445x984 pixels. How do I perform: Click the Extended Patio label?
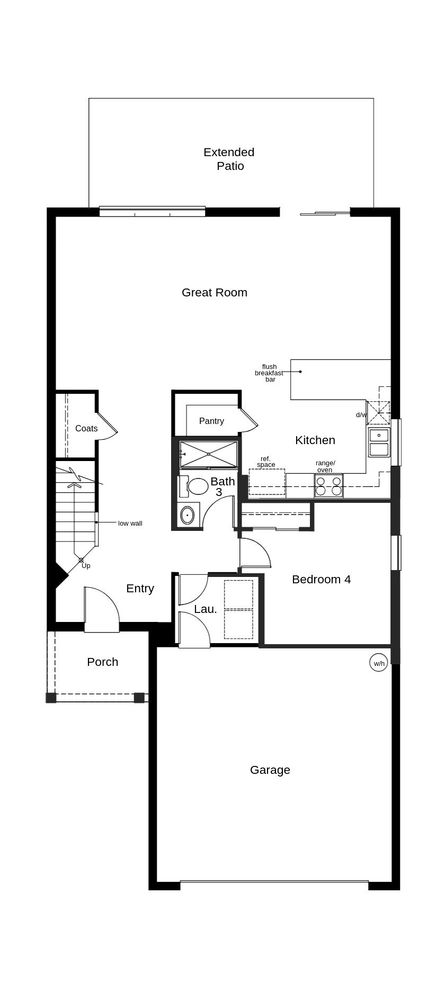pyautogui.click(x=229, y=159)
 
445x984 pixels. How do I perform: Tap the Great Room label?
pyautogui.click(x=214, y=292)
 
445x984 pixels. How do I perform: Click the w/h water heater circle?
pyautogui.click(x=379, y=663)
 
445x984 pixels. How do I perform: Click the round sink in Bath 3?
pyautogui.click(x=187, y=515)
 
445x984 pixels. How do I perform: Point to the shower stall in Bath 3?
pyautogui.click(x=208, y=454)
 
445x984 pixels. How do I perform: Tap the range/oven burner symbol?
pyautogui.click(x=328, y=486)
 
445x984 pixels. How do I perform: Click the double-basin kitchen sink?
pyautogui.click(x=379, y=443)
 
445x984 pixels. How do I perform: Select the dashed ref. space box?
pyautogui.click(x=266, y=482)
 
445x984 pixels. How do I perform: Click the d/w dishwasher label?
pyautogui.click(x=361, y=415)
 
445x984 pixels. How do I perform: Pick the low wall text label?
pyautogui.click(x=130, y=523)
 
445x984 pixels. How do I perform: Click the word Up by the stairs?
pyautogui.click(x=86, y=565)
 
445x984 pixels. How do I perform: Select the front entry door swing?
pyautogui.click(x=102, y=609)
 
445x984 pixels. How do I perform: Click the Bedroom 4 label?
pyautogui.click(x=321, y=579)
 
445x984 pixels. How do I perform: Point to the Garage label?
pyautogui.click(x=270, y=770)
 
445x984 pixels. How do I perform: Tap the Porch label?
pyautogui.click(x=102, y=662)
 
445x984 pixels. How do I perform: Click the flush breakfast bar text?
pyautogui.click(x=269, y=373)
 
